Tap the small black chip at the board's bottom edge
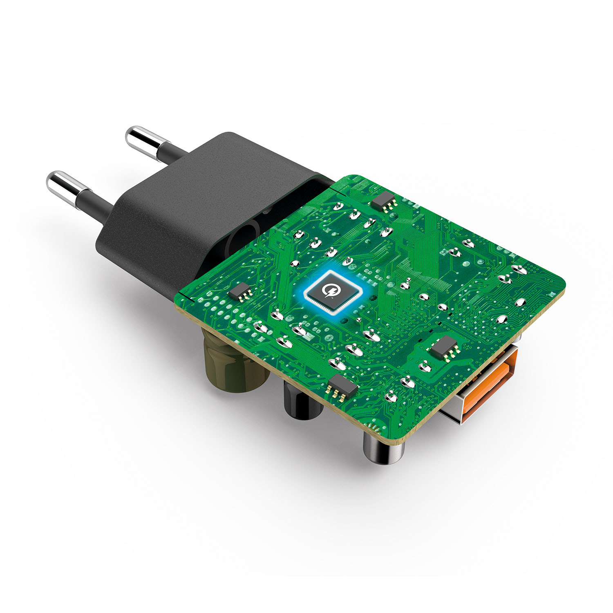(342, 386)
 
